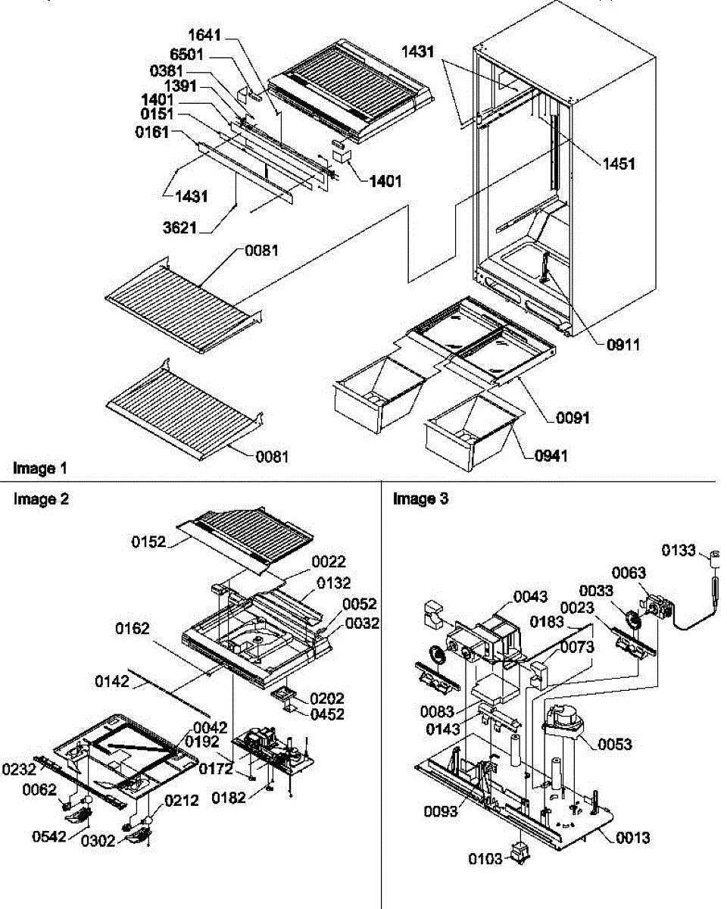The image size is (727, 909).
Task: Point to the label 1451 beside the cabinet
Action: (x=620, y=162)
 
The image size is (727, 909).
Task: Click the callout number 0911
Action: (x=622, y=345)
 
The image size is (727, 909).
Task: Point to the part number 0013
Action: (x=632, y=838)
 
